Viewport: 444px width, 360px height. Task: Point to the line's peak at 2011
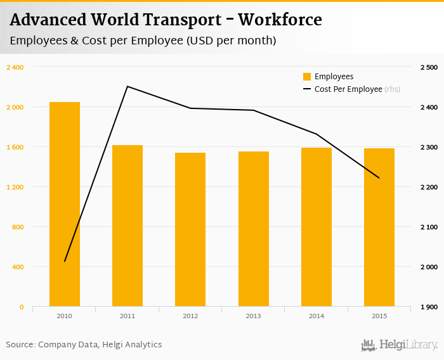[127, 86]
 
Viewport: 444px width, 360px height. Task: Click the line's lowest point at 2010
[65, 261]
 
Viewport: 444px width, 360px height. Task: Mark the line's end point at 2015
[379, 178]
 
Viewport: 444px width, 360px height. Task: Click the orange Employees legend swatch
[307, 77]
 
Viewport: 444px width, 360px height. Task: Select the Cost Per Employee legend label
[348, 89]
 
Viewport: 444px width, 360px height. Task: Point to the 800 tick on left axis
[17, 227]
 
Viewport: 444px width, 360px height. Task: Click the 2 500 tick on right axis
[428, 67]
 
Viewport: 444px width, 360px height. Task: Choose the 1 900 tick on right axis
[428, 307]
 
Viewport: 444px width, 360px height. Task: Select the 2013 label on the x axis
[253, 316]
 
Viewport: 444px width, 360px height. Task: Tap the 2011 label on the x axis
[127, 316]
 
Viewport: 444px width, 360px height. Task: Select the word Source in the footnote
[20, 345]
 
